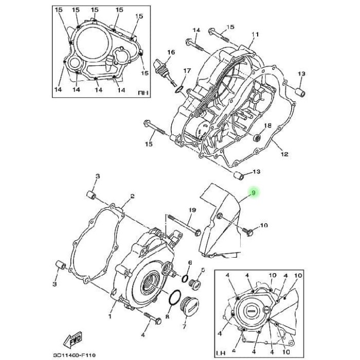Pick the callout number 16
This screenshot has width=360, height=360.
click(171, 52)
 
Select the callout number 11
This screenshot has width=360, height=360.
click(253, 35)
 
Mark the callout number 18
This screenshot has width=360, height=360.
click(267, 125)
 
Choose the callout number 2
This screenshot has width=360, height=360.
click(132, 196)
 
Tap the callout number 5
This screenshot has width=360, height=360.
click(203, 269)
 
